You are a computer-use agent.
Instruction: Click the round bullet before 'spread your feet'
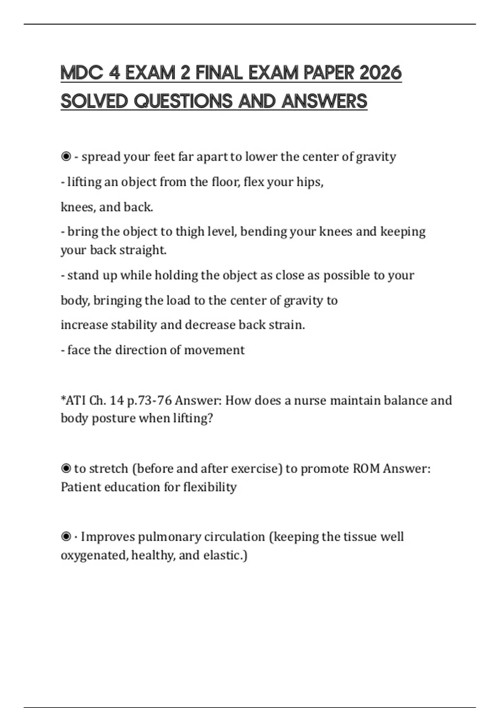click(x=66, y=157)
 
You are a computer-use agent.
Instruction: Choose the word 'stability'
click(x=134, y=325)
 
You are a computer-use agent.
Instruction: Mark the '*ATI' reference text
click(x=73, y=401)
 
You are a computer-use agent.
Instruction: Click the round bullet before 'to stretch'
click(x=66, y=469)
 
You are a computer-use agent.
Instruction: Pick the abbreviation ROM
click(x=366, y=469)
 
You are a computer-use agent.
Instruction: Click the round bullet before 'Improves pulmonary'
click(x=66, y=537)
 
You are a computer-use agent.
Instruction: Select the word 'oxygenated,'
click(x=94, y=556)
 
